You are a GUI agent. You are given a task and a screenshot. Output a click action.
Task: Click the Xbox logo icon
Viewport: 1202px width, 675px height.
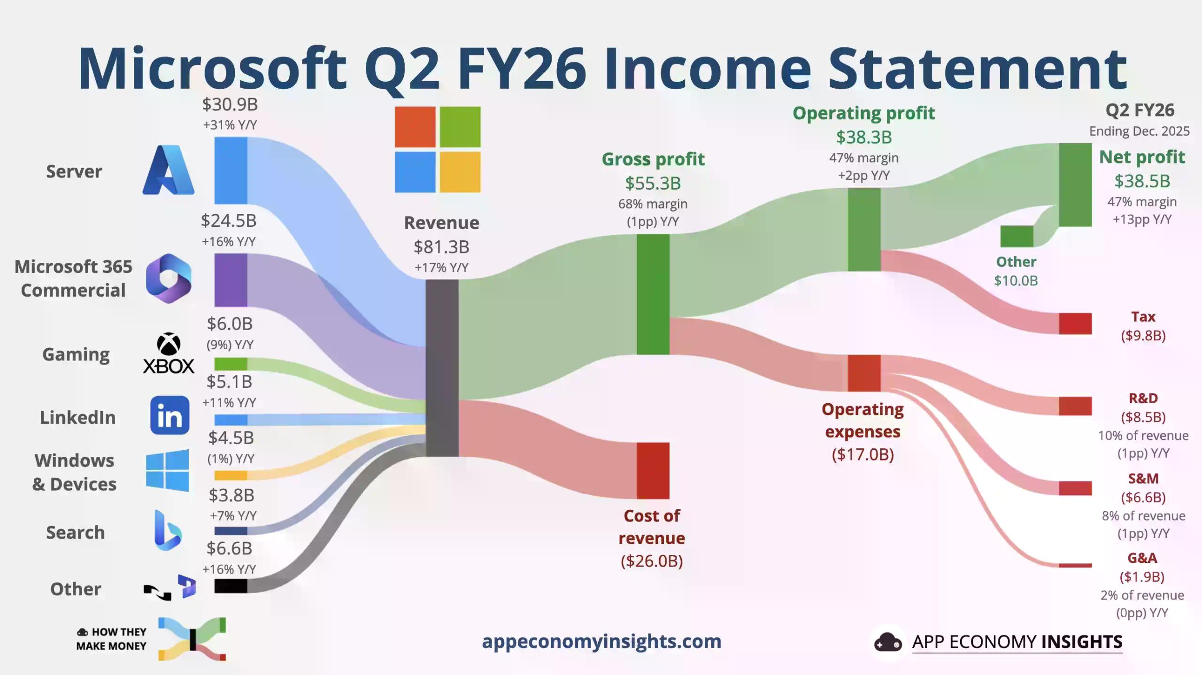click(x=169, y=353)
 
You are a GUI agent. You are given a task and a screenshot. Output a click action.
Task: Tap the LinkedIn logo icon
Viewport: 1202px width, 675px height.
click(x=170, y=415)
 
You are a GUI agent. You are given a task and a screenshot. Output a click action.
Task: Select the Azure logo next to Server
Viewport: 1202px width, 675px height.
click(x=169, y=169)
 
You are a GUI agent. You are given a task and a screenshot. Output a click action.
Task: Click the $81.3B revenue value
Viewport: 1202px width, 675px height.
click(x=441, y=247)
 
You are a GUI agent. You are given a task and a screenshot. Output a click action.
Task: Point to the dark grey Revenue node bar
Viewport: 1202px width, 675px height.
click(x=442, y=368)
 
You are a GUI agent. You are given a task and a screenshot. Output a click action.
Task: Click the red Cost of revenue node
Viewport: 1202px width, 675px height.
click(x=653, y=470)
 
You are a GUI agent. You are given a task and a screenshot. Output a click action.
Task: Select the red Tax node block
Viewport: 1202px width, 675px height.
click(x=1075, y=323)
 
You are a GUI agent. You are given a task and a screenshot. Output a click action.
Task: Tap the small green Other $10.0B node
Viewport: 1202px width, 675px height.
click(x=1017, y=236)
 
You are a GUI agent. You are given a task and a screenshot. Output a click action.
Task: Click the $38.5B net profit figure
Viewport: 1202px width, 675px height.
click(x=1142, y=181)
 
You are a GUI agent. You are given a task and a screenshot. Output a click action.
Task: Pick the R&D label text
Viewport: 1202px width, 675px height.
click(x=1143, y=398)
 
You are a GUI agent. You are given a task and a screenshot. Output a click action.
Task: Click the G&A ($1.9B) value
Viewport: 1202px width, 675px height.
click(x=1142, y=576)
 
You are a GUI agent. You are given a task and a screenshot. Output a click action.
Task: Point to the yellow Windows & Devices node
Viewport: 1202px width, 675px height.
click(x=231, y=476)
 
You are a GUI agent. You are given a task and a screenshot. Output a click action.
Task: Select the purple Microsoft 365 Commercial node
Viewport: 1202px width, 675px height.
click(x=231, y=280)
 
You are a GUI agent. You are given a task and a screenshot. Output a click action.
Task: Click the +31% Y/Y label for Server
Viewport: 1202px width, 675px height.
click(x=230, y=125)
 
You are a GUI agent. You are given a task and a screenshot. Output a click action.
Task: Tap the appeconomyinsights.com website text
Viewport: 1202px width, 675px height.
click(x=601, y=641)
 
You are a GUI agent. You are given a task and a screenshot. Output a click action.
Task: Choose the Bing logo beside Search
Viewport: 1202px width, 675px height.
click(x=168, y=530)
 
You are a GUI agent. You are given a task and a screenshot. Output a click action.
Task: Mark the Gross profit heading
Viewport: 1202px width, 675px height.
click(x=653, y=159)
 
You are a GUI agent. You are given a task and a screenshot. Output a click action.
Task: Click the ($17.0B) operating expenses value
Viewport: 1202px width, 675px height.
click(x=863, y=454)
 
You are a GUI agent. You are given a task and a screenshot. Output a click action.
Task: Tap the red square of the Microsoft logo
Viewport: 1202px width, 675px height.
click(x=415, y=127)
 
